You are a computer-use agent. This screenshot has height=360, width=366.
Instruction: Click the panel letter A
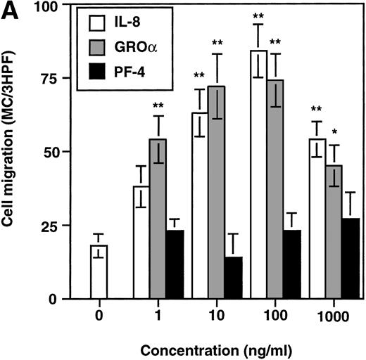pyautogui.click(x=9, y=9)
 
